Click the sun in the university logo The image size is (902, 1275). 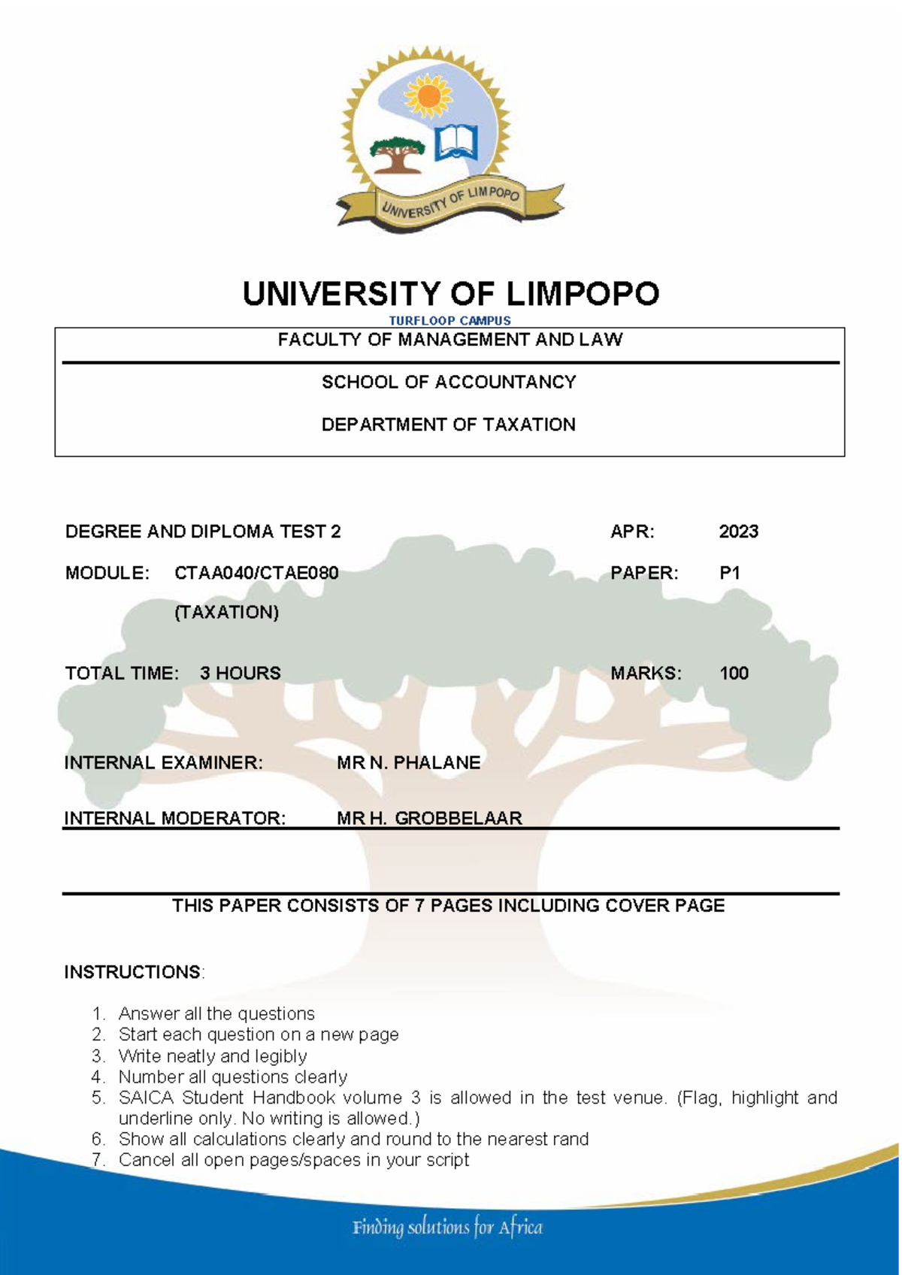click(428, 95)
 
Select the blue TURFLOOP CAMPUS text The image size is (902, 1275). click(449, 320)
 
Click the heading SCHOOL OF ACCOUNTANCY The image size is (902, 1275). click(449, 382)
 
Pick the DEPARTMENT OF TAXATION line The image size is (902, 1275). click(449, 425)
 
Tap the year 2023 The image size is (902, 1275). click(738, 532)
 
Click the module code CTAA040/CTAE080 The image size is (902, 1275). click(256, 573)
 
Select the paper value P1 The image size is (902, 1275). click(730, 573)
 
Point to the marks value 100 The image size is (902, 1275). click(734, 673)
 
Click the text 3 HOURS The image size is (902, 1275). click(241, 673)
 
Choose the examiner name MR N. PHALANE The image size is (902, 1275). click(408, 763)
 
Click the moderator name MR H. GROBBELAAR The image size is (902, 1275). click(429, 818)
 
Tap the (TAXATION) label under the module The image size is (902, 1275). click(226, 613)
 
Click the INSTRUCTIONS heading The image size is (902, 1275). click(132, 972)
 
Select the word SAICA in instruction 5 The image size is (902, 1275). click(146, 1098)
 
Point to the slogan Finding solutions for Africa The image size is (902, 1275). click(447, 1228)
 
